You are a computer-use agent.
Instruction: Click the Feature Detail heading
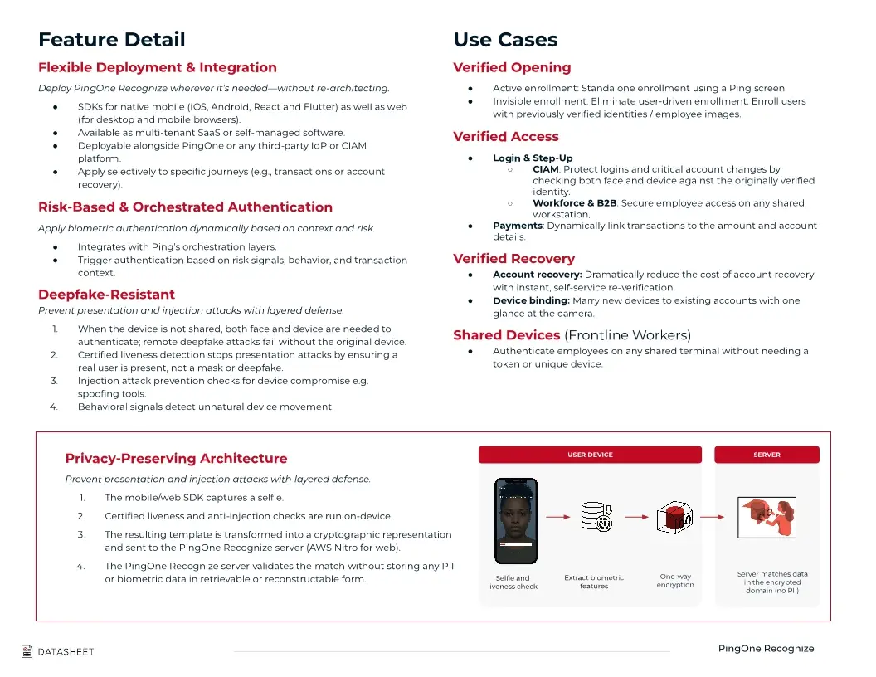pyautogui.click(x=112, y=40)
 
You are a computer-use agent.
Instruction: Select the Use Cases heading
pyautogui.click(x=505, y=40)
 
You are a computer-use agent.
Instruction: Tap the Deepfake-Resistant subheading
pyautogui.click(x=106, y=295)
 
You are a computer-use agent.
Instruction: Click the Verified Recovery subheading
pyautogui.click(x=513, y=259)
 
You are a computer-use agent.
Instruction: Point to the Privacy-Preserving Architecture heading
pyautogui.click(x=176, y=459)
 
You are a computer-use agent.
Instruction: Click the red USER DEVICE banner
pyautogui.click(x=590, y=455)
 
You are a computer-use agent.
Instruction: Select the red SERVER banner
pyautogui.click(x=766, y=455)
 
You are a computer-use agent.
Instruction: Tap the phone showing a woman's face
pyautogui.click(x=516, y=519)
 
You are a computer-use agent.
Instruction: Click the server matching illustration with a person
pyautogui.click(x=766, y=518)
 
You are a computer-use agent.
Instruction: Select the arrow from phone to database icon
pyautogui.click(x=557, y=517)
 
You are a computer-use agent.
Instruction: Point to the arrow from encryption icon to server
pyautogui.click(x=713, y=517)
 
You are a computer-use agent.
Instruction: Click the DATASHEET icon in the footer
pyautogui.click(x=27, y=652)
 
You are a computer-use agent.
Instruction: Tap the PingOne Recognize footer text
pyautogui.click(x=766, y=649)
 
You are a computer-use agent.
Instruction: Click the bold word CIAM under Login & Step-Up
pyautogui.click(x=545, y=169)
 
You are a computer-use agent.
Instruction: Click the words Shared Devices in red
pyautogui.click(x=506, y=335)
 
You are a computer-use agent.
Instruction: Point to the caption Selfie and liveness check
pyautogui.click(x=513, y=582)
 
